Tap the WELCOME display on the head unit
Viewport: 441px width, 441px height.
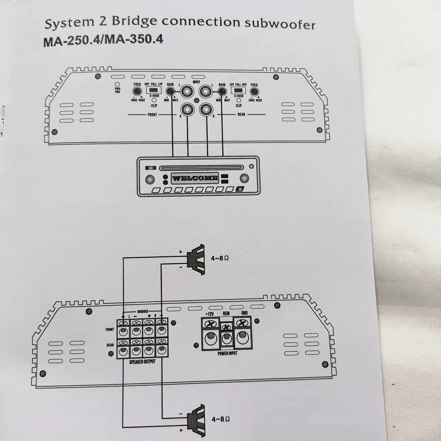(195, 178)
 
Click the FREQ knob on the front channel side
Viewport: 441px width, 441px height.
(137, 91)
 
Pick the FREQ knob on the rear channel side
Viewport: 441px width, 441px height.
(254, 91)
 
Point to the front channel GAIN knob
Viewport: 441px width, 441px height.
(170, 91)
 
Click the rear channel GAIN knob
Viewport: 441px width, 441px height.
(222, 91)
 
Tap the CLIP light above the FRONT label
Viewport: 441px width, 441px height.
(153, 100)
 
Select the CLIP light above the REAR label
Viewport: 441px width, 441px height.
(238, 100)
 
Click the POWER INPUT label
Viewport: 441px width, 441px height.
(227, 353)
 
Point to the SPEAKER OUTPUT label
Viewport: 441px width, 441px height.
(142, 362)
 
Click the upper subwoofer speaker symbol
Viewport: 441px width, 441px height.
(196, 257)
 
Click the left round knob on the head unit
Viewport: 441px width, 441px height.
(150, 179)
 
